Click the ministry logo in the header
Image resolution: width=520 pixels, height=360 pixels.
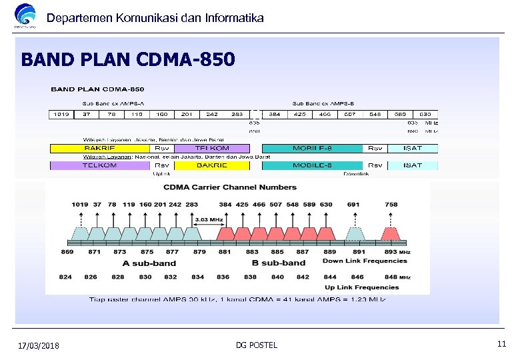tap(25, 17)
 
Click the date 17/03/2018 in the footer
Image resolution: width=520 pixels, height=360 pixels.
tap(39, 345)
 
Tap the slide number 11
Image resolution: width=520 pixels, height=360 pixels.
tap(502, 344)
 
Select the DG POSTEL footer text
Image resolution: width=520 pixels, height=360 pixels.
tap(257, 345)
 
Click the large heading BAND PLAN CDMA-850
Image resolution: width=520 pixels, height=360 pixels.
tap(128, 60)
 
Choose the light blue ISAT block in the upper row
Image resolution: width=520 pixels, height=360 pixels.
tap(412, 147)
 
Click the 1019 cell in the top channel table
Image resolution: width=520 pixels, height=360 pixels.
tap(62, 114)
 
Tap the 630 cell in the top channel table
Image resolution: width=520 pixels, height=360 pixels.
tap(425, 114)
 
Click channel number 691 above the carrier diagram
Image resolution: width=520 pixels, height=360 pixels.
tap(354, 204)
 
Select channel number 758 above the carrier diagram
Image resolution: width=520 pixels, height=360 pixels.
tap(391, 204)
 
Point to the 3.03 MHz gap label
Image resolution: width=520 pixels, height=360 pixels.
tap(209, 218)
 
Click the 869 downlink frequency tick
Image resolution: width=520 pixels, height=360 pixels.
tap(67, 252)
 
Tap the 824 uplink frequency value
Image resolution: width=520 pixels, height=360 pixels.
tap(65, 276)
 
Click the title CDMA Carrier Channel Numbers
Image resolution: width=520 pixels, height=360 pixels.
tap(231, 187)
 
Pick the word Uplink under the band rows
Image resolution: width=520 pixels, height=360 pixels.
tap(162, 174)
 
